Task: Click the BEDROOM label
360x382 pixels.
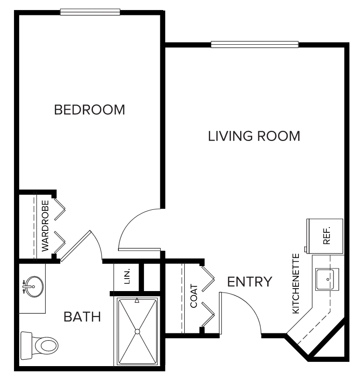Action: click(x=90, y=110)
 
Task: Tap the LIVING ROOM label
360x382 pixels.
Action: click(x=254, y=136)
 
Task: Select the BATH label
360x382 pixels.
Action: click(x=82, y=317)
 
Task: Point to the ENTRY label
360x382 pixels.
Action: click(x=250, y=282)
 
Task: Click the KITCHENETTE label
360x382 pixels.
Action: click(x=296, y=283)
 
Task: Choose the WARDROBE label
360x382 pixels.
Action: click(x=45, y=226)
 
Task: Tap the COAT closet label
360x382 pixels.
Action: click(x=194, y=296)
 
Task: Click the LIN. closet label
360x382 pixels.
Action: click(x=127, y=277)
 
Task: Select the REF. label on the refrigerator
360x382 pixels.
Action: click(x=327, y=235)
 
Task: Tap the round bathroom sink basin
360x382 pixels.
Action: click(x=34, y=287)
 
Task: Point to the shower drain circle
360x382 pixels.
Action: click(x=137, y=331)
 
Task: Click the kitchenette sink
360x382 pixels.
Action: click(x=328, y=279)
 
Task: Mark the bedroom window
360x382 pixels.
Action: click(x=90, y=12)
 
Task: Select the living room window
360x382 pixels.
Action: click(x=255, y=44)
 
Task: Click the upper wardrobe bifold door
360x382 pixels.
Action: click(x=60, y=209)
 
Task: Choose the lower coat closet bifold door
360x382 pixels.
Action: click(x=208, y=315)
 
